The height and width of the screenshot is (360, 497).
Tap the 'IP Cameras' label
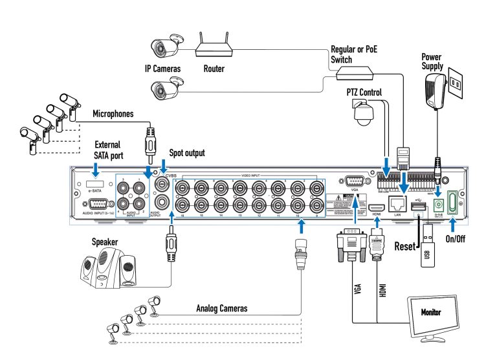(x=162, y=68)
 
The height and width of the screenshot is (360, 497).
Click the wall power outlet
(x=457, y=84)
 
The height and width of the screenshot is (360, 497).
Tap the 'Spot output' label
(x=186, y=153)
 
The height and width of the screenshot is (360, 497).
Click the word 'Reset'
(x=406, y=247)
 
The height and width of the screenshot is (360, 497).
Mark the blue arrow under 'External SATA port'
(x=96, y=170)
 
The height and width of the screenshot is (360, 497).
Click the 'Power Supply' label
(x=432, y=62)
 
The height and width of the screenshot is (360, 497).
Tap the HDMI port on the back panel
(x=377, y=205)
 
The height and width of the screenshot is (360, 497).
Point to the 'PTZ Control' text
(x=364, y=93)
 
